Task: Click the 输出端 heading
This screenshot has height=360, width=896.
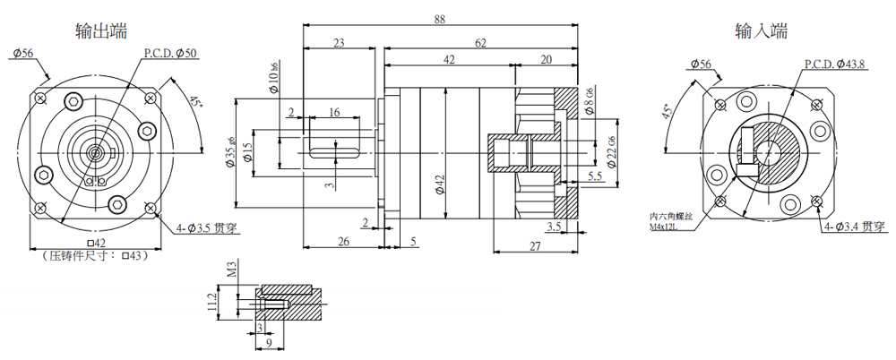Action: tap(100, 30)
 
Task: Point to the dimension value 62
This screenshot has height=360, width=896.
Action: tap(480, 42)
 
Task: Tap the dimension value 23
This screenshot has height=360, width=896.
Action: tap(339, 42)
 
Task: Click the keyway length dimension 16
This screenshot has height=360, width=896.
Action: tap(333, 112)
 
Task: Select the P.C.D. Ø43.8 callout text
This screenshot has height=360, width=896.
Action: tap(833, 64)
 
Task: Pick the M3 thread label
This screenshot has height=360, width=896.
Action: tap(231, 270)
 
